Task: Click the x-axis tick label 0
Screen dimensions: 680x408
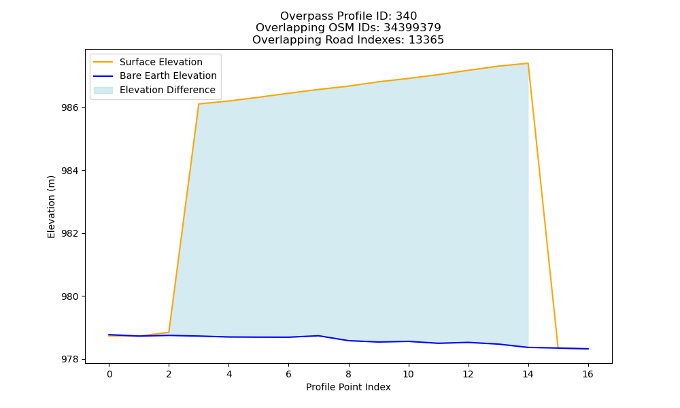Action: click(x=109, y=374)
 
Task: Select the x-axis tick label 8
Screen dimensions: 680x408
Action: click(x=348, y=374)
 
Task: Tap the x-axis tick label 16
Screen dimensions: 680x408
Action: click(x=588, y=374)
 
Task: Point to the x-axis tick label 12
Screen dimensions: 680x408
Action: click(x=468, y=374)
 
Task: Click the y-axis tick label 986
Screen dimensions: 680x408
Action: click(x=69, y=107)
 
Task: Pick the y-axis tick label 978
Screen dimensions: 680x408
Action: click(x=69, y=360)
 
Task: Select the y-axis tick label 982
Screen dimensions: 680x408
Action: click(x=69, y=233)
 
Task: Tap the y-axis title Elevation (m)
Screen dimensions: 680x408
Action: click(x=52, y=207)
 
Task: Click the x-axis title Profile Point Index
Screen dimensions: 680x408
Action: click(x=348, y=387)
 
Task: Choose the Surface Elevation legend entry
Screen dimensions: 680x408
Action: click(x=161, y=62)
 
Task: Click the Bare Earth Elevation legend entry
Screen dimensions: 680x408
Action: click(x=168, y=75)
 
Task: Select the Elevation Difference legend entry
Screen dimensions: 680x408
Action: click(x=167, y=90)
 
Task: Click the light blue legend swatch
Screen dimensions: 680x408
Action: click(x=103, y=90)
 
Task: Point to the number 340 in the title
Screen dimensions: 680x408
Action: click(x=407, y=16)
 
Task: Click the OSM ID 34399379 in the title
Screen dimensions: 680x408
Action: click(x=412, y=28)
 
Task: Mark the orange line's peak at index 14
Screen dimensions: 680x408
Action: click(x=528, y=63)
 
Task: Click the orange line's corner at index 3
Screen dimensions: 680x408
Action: click(x=199, y=104)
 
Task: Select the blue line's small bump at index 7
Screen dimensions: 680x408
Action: click(x=318, y=336)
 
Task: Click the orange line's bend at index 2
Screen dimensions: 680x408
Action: click(x=169, y=333)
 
